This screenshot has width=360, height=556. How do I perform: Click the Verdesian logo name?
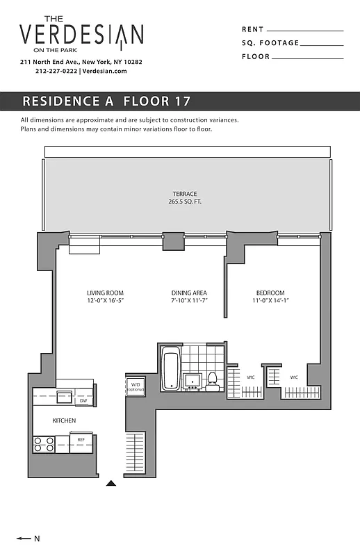(81, 34)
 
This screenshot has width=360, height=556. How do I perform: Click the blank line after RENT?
(305, 31)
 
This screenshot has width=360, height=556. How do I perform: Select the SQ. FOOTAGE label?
(270, 43)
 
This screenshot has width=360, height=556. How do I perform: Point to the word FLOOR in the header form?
(256, 57)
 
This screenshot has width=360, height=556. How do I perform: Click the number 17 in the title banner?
(182, 101)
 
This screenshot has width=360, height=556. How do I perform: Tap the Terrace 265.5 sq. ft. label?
(185, 197)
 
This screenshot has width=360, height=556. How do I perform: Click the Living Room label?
(105, 293)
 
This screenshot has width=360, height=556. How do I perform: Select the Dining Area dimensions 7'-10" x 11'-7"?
(189, 301)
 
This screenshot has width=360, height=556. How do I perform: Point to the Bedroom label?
(270, 293)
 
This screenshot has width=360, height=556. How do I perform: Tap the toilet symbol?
(213, 379)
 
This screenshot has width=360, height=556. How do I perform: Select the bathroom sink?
(193, 380)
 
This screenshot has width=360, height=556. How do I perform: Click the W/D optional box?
(135, 386)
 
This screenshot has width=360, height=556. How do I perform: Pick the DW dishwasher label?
(83, 400)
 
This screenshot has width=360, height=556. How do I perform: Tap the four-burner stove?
(44, 443)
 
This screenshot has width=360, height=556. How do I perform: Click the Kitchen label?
(64, 420)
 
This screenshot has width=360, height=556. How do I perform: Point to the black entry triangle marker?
(111, 483)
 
